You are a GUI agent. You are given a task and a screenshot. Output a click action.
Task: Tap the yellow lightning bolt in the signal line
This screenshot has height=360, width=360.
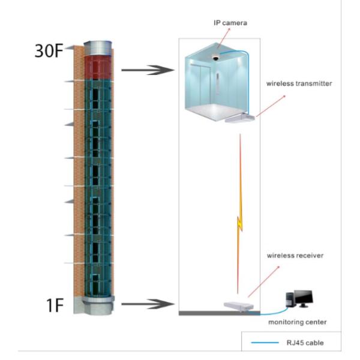point(239,222)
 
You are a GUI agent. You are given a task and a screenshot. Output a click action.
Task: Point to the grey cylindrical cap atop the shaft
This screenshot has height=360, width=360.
point(98,46)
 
